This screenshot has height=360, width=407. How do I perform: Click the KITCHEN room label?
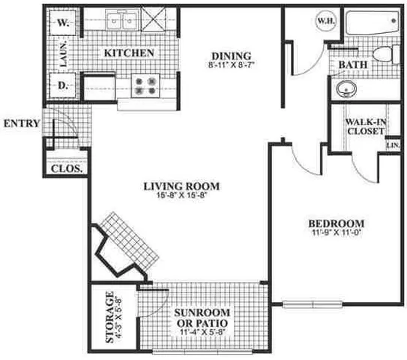pos(129,53)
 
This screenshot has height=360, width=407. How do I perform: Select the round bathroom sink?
pos(346,90)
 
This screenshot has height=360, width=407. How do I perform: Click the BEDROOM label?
pos(337,223)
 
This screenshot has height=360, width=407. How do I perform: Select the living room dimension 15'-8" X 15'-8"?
pos(178,196)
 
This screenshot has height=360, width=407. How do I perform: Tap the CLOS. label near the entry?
pos(65,169)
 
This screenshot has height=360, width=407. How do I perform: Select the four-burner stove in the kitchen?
pos(143,85)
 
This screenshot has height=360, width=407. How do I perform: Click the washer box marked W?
pos(63,22)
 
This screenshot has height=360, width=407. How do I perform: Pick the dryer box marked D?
pos(63,85)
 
